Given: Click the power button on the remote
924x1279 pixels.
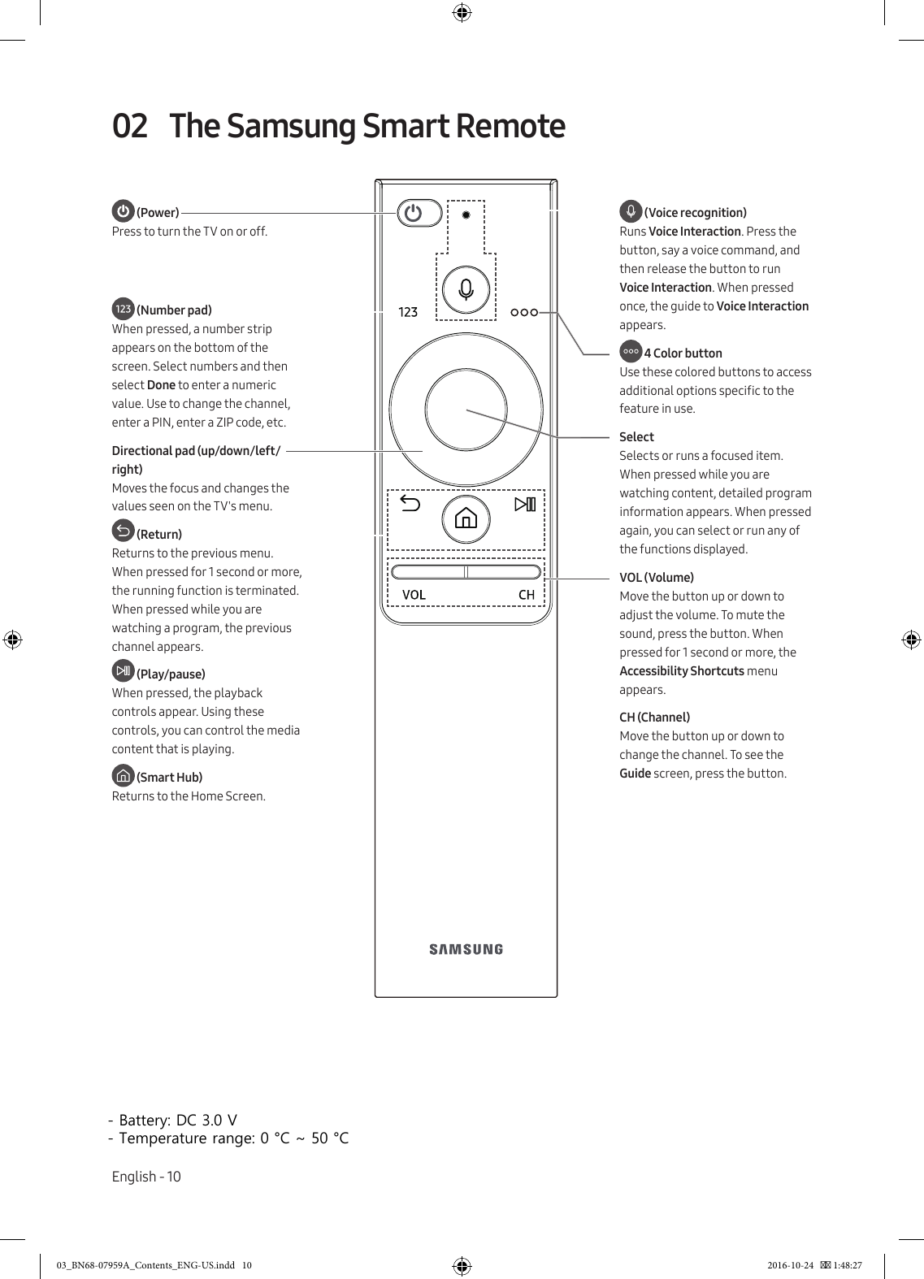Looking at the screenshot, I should [x=419, y=214].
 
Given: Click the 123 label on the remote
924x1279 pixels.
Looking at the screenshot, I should [x=408, y=312].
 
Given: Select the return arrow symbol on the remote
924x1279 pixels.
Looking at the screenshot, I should [x=410, y=505].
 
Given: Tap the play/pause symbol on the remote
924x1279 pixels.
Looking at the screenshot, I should [x=525, y=505].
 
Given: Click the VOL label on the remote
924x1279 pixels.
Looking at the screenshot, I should [x=414, y=595].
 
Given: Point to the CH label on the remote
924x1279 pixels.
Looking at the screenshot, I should [x=527, y=595].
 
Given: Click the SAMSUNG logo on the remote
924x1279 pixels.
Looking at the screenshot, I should [x=466, y=949].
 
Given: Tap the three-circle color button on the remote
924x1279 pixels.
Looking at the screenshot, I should [x=524, y=312].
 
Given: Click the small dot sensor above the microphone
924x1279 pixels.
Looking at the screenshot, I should [x=466, y=215].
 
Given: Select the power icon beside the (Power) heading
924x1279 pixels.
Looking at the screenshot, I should [x=123, y=211].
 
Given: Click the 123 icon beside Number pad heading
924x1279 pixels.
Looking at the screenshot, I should [x=123, y=309].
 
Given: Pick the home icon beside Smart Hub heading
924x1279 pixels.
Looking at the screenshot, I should [x=123, y=775].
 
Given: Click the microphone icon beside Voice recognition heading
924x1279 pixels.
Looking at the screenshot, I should [x=631, y=211].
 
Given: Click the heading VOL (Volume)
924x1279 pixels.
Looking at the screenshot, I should [x=657, y=578].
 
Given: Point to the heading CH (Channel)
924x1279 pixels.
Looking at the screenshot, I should [x=654, y=718].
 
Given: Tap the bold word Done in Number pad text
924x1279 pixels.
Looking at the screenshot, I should [x=161, y=385].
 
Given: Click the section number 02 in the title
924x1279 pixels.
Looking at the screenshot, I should [x=130, y=127].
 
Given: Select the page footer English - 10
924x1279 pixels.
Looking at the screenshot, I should [x=146, y=1177].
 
